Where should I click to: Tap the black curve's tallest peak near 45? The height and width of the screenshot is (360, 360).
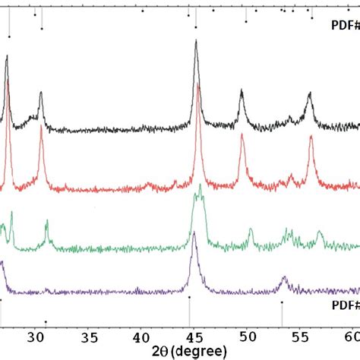click(196, 43)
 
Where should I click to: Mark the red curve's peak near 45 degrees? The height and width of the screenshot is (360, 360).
click(198, 85)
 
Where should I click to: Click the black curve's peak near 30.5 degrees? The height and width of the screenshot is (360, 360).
click(40, 93)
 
